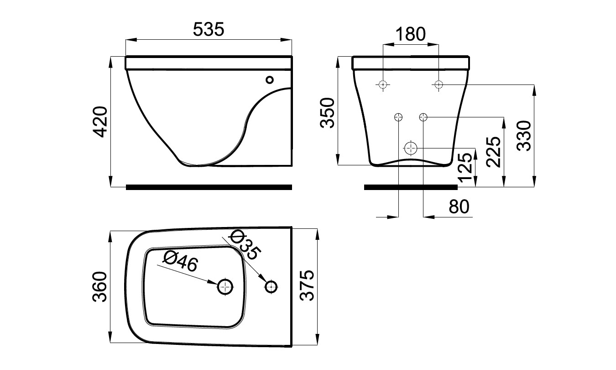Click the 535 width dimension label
[209, 29]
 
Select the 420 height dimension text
[99, 122]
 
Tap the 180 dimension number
[410, 34]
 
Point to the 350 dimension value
[327, 113]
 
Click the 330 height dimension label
[524, 136]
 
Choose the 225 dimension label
[493, 152]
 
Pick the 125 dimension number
[465, 167]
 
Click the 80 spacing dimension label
[459, 206]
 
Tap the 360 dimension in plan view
[99, 287]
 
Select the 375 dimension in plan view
[307, 285]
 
